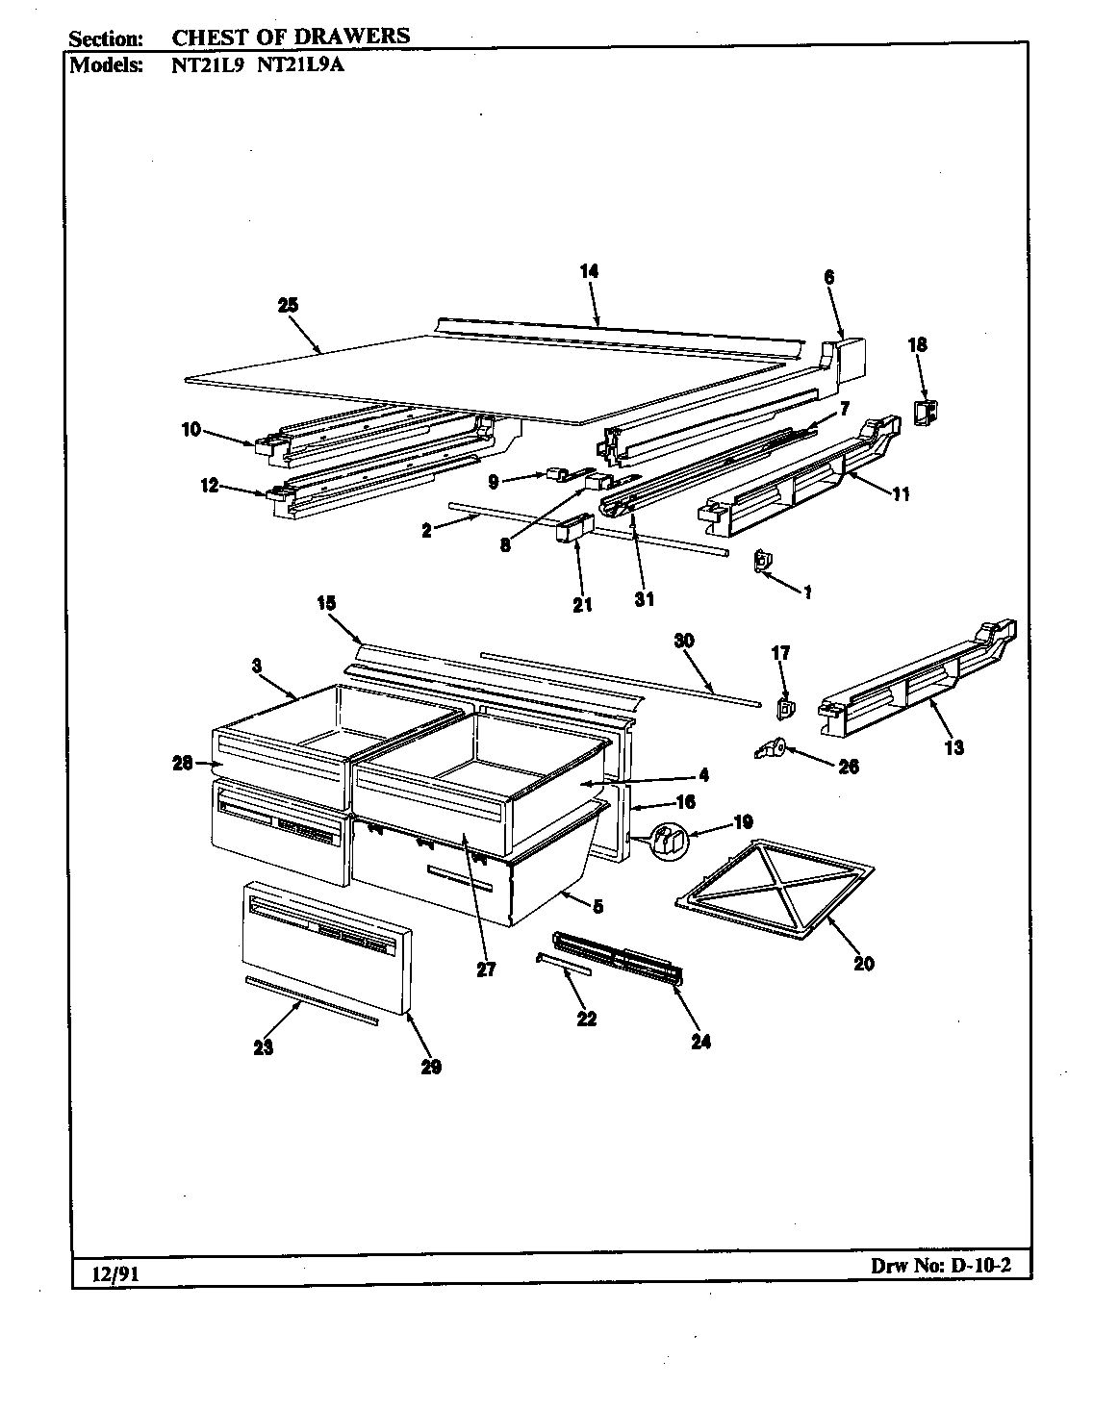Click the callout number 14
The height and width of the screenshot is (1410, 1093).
click(x=589, y=271)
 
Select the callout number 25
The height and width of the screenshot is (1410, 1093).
click(x=288, y=305)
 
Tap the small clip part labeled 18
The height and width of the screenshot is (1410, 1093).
click(x=925, y=413)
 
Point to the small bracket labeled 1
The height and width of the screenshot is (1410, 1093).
click(x=763, y=560)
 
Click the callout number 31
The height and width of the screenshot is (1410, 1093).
click(x=644, y=598)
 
